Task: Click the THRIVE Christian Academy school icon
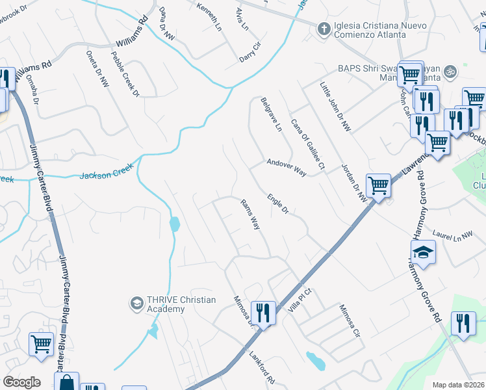(x=136, y=303)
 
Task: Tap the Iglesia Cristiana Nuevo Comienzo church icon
(x=323, y=29)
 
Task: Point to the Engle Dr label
(x=277, y=203)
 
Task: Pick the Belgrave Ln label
(x=271, y=114)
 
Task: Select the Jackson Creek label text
(x=107, y=172)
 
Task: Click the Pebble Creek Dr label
(x=126, y=75)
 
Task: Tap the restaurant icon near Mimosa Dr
(x=262, y=313)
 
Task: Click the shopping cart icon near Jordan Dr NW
(x=378, y=185)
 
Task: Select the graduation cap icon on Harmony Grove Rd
(x=422, y=252)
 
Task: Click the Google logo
(x=22, y=382)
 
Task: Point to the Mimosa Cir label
(x=349, y=322)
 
